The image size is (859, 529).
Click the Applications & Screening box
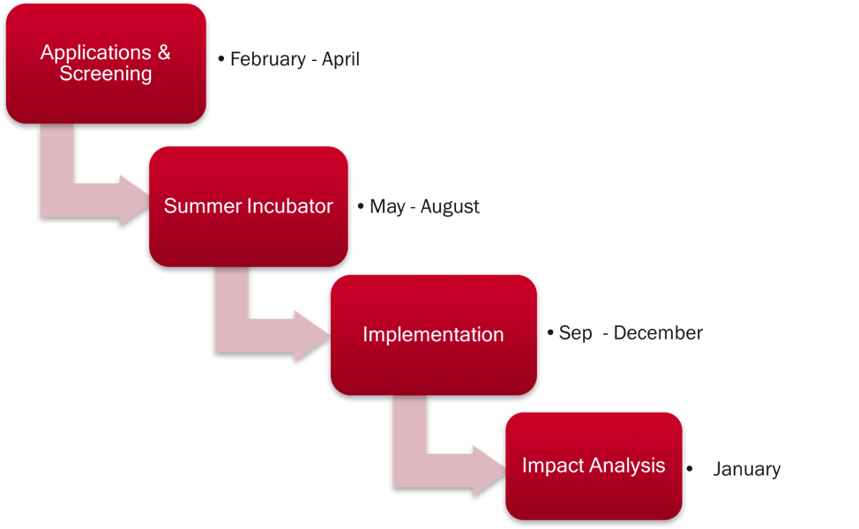click(106, 63)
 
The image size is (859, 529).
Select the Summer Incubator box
click(248, 206)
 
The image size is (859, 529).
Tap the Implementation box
click(433, 335)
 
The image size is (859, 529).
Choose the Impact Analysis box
click(594, 466)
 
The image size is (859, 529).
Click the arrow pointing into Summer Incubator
click(82, 200)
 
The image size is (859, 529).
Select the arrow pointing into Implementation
click(258, 335)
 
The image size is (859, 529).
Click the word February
click(268, 59)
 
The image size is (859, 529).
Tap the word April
click(340, 59)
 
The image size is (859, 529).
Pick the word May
click(388, 207)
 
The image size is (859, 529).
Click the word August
click(450, 207)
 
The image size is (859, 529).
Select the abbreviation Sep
click(575, 333)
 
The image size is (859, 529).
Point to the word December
click(658, 333)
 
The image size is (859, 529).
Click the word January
click(747, 469)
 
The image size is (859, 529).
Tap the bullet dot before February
click(221, 58)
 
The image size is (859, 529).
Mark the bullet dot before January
click(689, 469)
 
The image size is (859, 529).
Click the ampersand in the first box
click(164, 53)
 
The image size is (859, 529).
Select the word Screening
click(106, 73)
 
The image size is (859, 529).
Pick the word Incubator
click(290, 206)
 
